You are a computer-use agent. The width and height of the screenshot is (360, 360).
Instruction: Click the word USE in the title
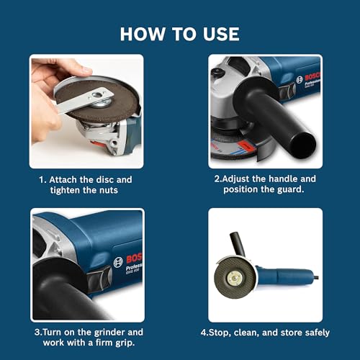coord(219,33)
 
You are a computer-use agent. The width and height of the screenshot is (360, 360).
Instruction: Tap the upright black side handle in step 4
coord(236,245)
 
